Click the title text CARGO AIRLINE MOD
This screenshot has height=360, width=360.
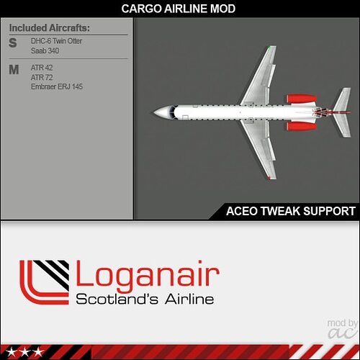(179, 9)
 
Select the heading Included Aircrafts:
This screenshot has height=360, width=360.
(50, 28)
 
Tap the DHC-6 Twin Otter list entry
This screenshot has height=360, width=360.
(56, 41)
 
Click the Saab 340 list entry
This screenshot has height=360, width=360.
(45, 50)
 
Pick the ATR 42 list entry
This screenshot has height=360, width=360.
(42, 68)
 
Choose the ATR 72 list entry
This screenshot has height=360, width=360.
(42, 77)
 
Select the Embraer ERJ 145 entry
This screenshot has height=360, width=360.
(57, 86)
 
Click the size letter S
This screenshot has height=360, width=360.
(13, 43)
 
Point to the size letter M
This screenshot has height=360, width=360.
(14, 70)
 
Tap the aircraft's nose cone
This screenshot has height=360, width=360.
(159, 112)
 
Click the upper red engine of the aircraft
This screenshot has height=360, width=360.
(302, 99)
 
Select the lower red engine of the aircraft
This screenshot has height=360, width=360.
(302, 127)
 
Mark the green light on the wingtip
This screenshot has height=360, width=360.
(269, 48)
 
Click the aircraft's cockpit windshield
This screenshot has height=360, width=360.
(172, 112)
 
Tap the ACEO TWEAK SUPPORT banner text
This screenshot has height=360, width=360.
(291, 211)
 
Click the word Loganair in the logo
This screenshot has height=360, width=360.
(148, 276)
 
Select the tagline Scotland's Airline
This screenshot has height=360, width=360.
(145, 299)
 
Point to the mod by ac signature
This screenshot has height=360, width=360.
(343, 329)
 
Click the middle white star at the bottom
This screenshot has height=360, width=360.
(24, 353)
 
